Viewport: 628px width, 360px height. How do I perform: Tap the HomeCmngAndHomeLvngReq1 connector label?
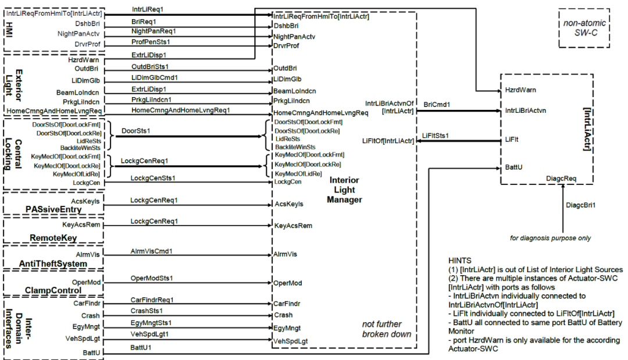[180, 110]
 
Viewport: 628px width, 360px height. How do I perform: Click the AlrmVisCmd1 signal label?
[152, 251]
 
